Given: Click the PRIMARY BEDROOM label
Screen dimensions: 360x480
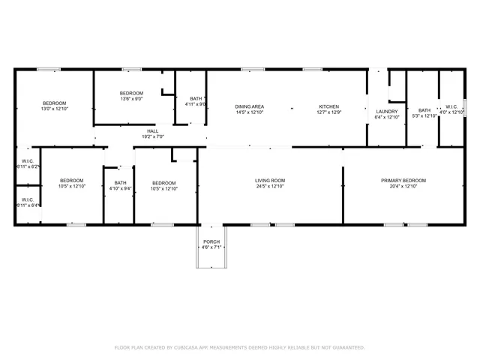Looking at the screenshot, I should pos(403,181).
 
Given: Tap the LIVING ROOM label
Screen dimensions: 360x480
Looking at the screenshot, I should pos(270,181).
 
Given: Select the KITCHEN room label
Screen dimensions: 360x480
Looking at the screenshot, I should pos(329,107).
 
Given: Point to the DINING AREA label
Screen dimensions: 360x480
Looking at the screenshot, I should pos(250,107).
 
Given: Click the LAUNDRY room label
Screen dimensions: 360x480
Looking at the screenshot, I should pos(387,112).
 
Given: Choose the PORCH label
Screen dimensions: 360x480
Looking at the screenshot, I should pos(211,241).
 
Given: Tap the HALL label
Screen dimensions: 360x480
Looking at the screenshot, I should pos(152,131).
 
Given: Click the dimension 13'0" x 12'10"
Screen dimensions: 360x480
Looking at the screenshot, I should pos(54,109).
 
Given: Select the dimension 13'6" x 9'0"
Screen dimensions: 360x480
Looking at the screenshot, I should pos(131,98).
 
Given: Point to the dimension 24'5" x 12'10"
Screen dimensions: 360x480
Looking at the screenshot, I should pos(270,187).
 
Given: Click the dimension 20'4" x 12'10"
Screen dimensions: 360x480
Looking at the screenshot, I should pos(403,187).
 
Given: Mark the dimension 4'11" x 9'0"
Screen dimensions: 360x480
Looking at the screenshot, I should pos(196,104).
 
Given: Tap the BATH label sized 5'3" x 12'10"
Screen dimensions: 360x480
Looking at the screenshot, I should pos(425,110).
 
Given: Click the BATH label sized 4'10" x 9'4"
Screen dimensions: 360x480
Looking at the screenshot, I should pos(120,182).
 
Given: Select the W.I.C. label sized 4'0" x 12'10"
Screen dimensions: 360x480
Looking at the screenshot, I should pos(452,107).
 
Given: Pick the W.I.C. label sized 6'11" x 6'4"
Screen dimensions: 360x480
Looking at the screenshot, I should pos(27,199).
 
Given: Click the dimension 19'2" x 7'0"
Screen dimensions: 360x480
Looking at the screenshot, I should pos(152,137).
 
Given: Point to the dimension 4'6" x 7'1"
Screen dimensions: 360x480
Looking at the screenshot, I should pos(211,247).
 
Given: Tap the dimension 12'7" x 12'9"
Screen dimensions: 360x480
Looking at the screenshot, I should pos(329,113).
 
